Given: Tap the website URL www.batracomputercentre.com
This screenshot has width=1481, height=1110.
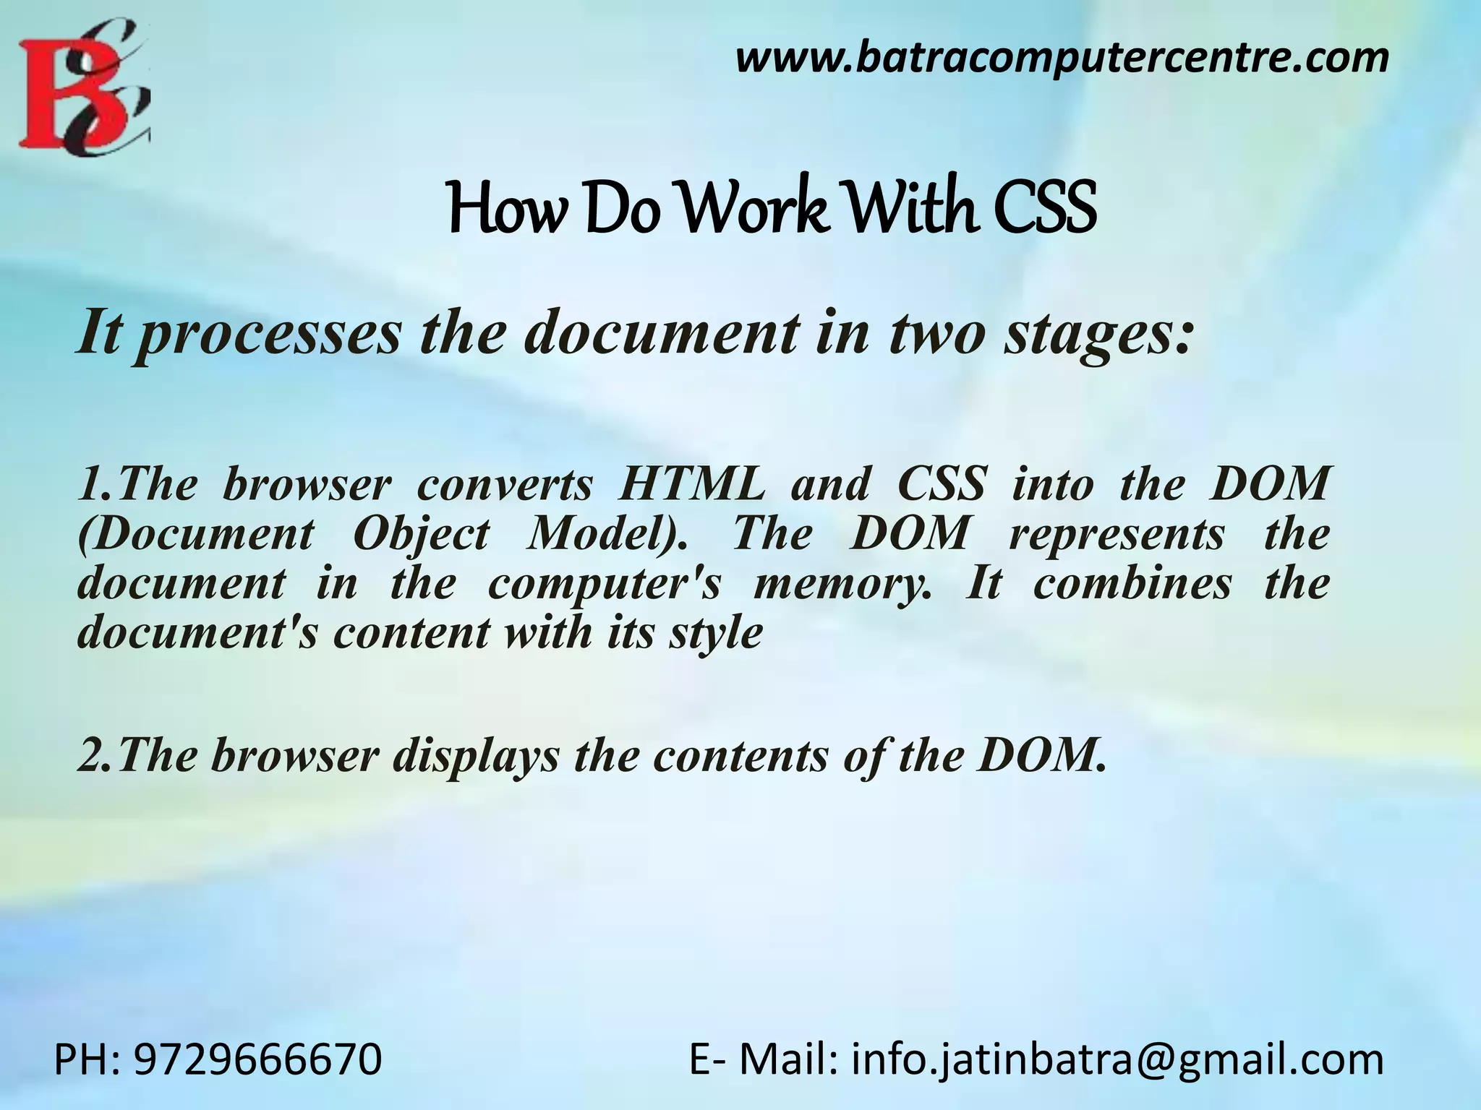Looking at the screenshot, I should click(x=1062, y=58).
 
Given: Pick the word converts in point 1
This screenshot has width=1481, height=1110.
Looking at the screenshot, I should click(x=504, y=484).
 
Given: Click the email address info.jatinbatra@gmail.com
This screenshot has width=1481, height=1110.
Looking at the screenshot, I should click(x=1117, y=1060).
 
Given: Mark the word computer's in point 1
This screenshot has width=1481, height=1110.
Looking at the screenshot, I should click(x=605, y=584).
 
